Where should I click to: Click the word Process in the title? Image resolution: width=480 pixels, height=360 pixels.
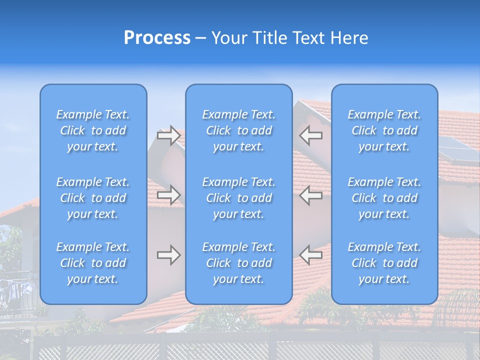(x=157, y=38)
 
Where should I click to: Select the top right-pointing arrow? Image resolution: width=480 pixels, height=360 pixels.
(x=168, y=135)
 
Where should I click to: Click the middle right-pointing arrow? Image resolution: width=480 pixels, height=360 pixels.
(x=168, y=195)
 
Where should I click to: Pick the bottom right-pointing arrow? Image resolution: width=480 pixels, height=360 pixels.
(x=168, y=255)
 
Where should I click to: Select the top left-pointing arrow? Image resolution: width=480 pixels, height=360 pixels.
(x=311, y=135)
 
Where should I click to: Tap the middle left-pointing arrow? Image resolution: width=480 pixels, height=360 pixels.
(x=311, y=195)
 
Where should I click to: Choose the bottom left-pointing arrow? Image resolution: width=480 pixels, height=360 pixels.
(x=311, y=255)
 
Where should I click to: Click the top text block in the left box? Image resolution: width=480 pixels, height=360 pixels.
(x=93, y=130)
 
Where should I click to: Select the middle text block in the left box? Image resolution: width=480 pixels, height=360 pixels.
(x=93, y=198)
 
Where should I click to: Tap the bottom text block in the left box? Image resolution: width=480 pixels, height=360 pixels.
(x=93, y=263)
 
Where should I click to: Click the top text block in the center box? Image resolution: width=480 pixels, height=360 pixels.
(x=238, y=130)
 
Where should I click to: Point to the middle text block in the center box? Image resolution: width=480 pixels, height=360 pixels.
(x=238, y=198)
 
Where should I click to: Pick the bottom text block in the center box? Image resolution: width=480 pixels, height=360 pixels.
(x=238, y=263)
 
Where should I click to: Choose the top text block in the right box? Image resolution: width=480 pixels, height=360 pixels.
(x=384, y=130)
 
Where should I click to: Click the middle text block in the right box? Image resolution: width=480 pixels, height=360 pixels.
(x=384, y=198)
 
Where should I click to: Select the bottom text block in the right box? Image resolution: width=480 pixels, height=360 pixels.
(x=384, y=263)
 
